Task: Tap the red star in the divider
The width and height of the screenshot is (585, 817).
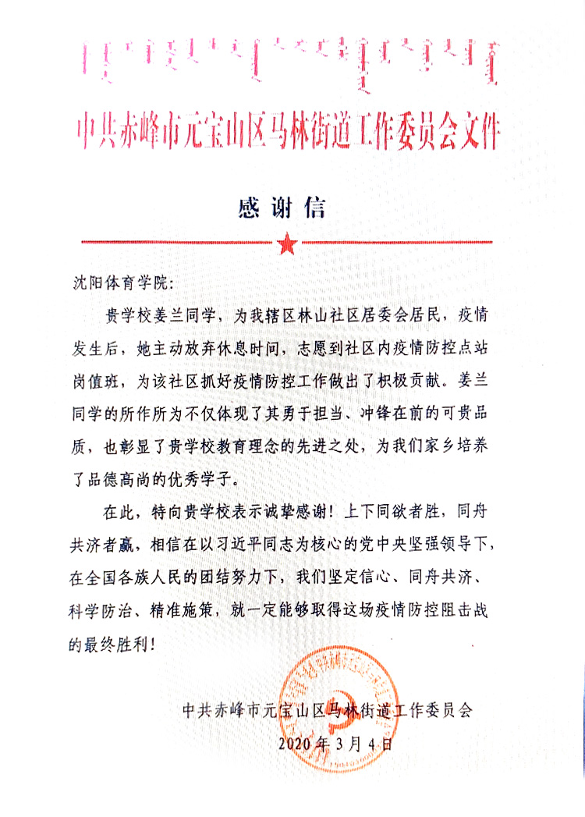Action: click(x=286, y=244)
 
